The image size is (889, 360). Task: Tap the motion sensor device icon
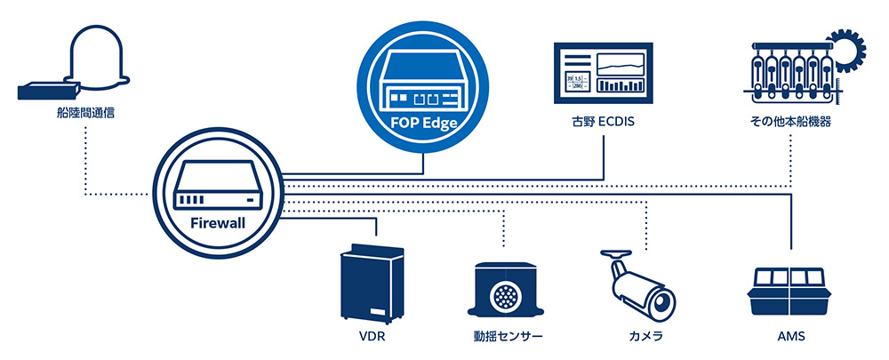click(506, 292)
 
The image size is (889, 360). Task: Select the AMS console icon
click(790, 292)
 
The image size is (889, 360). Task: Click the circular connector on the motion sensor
click(506, 294)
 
